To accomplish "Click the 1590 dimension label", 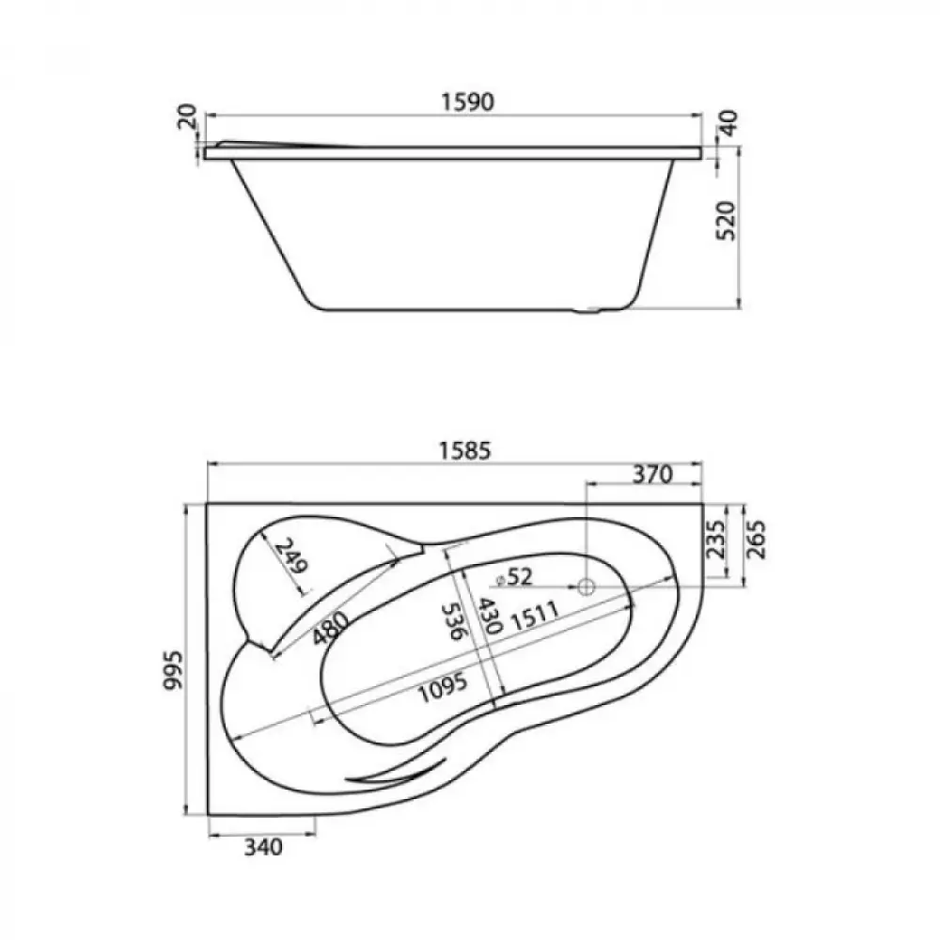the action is [468, 102].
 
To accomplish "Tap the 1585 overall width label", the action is [465, 451].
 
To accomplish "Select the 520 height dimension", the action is [727, 221].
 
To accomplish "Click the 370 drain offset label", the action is [653, 475].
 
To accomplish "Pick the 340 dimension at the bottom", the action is [263, 847].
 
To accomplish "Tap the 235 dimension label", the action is [715, 539].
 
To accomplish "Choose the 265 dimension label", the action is [756, 539].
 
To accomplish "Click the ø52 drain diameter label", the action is [513, 577].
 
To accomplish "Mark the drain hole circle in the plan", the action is [586, 587].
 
